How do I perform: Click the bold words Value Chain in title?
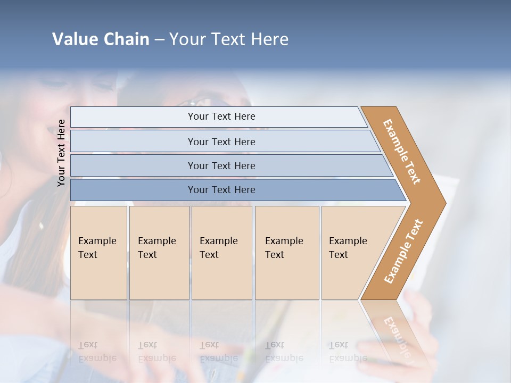pyautogui.click(x=101, y=39)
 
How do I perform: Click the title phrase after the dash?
pyautogui.click(x=229, y=39)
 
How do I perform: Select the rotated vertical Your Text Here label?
pyautogui.click(x=61, y=153)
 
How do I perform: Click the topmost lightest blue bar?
pyautogui.click(x=221, y=116)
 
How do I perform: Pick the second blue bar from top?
pyautogui.click(x=221, y=141)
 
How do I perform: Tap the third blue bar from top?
pyautogui.click(x=221, y=165)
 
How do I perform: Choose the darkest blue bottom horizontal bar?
pyautogui.click(x=221, y=190)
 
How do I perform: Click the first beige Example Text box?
pyautogui.click(x=98, y=252)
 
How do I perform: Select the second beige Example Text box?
pyautogui.click(x=159, y=252)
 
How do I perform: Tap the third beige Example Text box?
pyautogui.click(x=221, y=252)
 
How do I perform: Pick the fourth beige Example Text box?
pyautogui.click(x=286, y=252)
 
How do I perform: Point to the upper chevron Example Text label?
pyautogui.click(x=402, y=152)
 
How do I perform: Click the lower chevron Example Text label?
pyautogui.click(x=403, y=251)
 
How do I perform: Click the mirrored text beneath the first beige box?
pyautogui.click(x=97, y=352)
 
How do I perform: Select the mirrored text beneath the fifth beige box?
pyautogui.click(x=348, y=352)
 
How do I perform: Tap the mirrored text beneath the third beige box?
pyautogui.click(x=218, y=352)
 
